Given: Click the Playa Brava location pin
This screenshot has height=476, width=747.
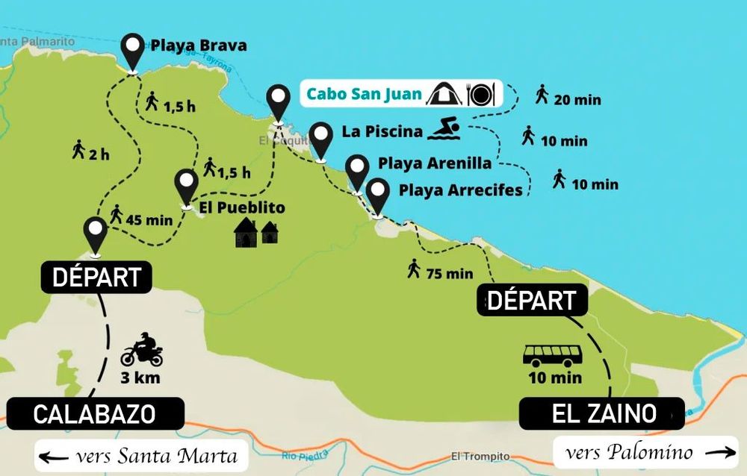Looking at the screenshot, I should pos(134,51).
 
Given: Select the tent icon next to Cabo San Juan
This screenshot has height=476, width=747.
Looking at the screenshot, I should pos(444,94).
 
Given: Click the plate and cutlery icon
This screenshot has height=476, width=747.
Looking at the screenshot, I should pos(480,94).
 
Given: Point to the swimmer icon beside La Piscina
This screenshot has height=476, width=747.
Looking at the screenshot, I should pos(446,129).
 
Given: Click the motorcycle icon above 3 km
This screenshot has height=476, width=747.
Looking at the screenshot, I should pos(141,350).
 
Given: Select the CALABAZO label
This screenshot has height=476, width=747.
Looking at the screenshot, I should pos(94,413).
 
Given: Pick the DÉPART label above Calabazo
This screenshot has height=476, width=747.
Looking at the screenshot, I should pos(96,277).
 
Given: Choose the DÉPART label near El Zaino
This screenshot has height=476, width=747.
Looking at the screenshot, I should pos(532,300).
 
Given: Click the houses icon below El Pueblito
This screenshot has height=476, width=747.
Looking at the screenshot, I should pos(256,233).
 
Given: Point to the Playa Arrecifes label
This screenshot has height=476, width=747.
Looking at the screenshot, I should pos(460,190).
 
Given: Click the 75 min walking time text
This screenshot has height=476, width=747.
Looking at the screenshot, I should pos(450,274).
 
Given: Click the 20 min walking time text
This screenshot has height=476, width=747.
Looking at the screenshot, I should pos(577,99).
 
